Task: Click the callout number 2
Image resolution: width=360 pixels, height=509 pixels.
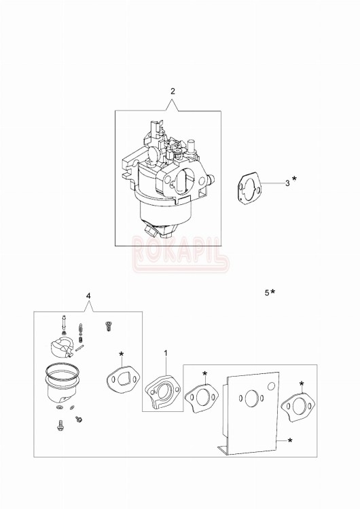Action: tap(173, 91)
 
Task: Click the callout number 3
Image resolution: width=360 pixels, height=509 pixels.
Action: tap(287, 183)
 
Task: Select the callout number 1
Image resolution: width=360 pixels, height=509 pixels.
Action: tap(166, 353)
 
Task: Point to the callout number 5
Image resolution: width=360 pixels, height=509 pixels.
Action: tap(267, 293)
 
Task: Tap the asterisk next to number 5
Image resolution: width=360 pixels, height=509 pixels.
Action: tap(273, 292)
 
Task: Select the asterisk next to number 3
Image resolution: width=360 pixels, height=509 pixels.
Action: tap(295, 179)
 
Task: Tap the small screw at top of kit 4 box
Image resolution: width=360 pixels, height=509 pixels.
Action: tap(107, 326)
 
